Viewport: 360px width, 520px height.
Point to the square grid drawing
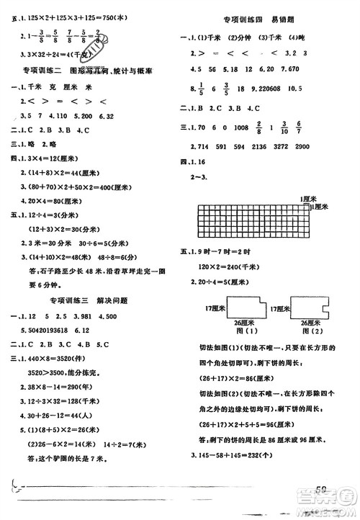pyautogui.click(x=252, y=220)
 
